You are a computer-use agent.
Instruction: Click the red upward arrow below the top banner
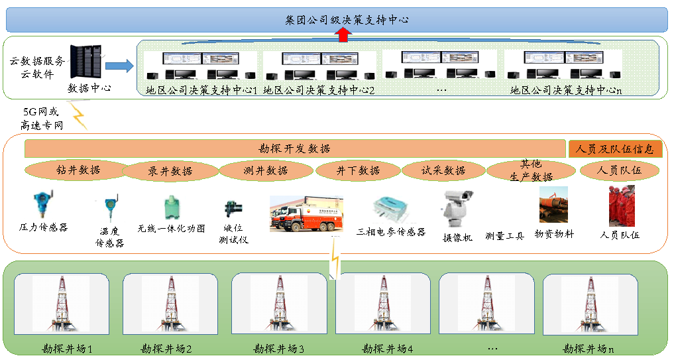343,36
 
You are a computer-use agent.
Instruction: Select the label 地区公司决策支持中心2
319,90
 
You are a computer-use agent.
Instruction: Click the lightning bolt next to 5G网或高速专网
79,116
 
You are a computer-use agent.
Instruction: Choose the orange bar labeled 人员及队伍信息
616,149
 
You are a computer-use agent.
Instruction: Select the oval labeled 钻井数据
78,170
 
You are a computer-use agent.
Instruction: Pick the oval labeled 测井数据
265,170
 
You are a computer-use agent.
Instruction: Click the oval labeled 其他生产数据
531,170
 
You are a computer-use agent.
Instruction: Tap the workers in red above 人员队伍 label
621,206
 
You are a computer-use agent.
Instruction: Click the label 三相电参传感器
391,232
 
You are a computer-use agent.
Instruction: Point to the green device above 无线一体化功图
172,208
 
